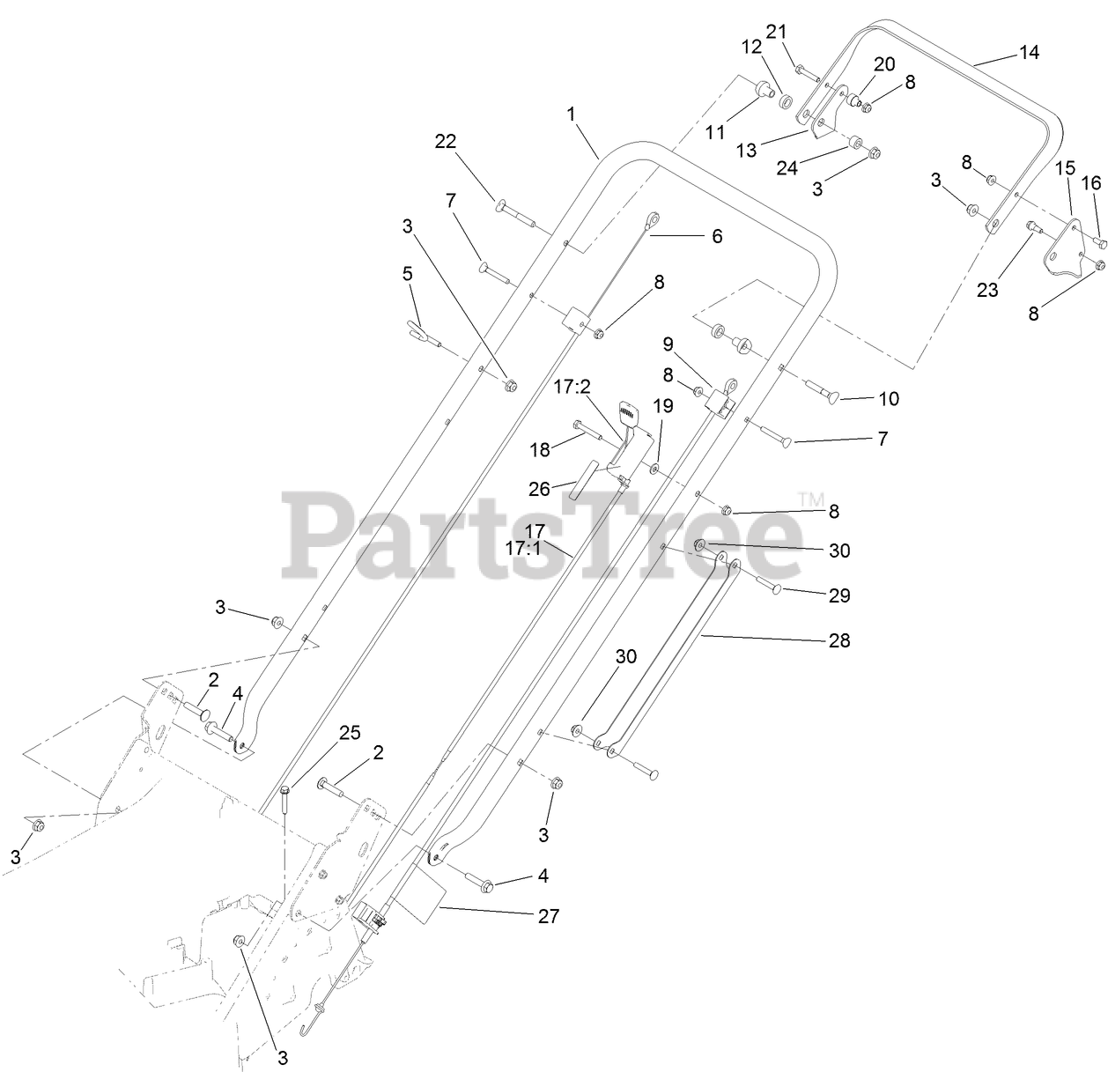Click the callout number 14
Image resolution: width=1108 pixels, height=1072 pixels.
pos(1028,53)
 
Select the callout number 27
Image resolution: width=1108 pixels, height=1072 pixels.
pos(548,916)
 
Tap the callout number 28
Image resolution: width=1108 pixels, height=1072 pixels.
pos(839,640)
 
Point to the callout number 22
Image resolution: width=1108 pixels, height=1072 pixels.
pos(447,141)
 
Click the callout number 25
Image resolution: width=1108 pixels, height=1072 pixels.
pos(351,732)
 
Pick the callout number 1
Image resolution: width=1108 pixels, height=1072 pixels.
pos(571,114)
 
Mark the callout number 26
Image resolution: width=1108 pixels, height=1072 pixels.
pos(539,486)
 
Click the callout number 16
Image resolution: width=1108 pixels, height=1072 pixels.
pos(1091,182)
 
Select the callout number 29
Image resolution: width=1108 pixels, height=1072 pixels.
pos(839,595)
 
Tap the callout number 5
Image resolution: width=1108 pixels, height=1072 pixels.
pos(407,273)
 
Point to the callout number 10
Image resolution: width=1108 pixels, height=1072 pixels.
pos(889,398)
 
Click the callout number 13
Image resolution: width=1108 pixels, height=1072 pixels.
pos(746,150)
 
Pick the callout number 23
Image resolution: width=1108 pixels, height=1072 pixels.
pos(987,289)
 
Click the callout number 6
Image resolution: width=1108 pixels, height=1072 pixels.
pos(717,236)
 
